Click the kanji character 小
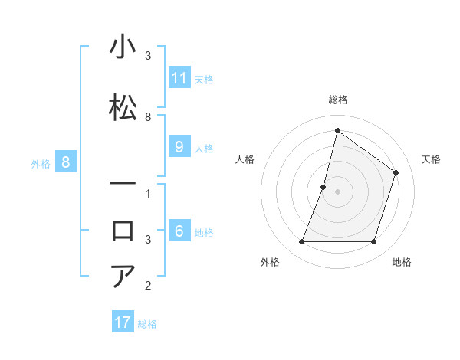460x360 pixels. click(x=123, y=47)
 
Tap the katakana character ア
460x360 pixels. click(x=123, y=276)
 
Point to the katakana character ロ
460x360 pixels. click(x=123, y=231)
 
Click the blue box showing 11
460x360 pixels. click(x=179, y=78)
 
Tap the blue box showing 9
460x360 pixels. click(x=179, y=147)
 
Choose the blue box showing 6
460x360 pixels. click(x=179, y=231)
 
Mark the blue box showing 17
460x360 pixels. click(x=123, y=322)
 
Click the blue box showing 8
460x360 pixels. click(x=66, y=162)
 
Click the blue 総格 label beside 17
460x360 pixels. click(x=147, y=324)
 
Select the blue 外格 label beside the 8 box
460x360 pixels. click(x=40, y=163)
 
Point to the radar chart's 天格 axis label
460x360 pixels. click(x=431, y=159)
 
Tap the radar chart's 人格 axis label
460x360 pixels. click(x=245, y=159)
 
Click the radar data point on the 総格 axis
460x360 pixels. click(x=337, y=130)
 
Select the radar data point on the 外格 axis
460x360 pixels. click(x=301, y=242)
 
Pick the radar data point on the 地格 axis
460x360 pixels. click(x=373, y=242)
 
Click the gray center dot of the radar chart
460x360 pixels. click(x=337, y=191)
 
